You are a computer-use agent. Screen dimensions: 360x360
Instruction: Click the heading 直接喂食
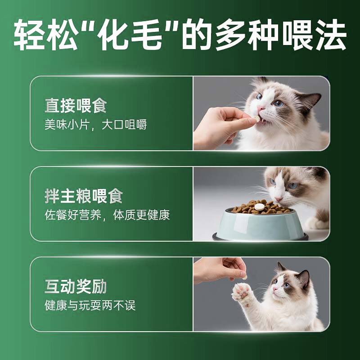76,106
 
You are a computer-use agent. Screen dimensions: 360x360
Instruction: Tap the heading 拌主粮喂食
83,196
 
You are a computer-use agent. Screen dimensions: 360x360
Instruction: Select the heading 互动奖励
76,287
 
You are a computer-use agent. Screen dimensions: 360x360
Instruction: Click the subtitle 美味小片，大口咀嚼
95,125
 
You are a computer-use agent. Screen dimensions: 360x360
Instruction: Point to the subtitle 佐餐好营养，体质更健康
107,215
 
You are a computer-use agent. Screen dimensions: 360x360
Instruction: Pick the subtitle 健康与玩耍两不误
90,306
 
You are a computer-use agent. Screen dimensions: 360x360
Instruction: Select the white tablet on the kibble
259,207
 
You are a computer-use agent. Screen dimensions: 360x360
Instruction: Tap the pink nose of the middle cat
279,198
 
